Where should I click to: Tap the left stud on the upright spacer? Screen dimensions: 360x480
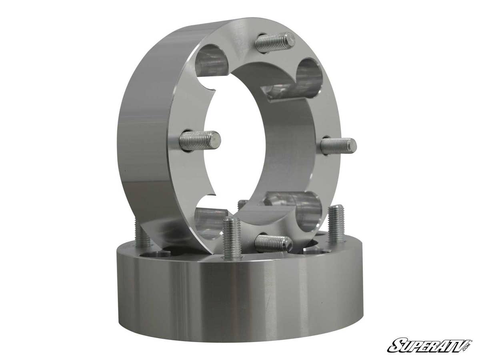(x=200, y=140)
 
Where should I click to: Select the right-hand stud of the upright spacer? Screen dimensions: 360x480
(x=338, y=146)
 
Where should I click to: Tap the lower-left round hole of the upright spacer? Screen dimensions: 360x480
(x=210, y=222)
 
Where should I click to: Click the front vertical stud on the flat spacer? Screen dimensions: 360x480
(x=232, y=238)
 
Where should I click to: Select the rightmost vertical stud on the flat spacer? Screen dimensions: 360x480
(x=336, y=224)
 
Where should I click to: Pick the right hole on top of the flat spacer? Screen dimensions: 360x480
(x=316, y=251)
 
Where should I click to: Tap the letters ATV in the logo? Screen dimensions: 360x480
(x=448, y=344)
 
